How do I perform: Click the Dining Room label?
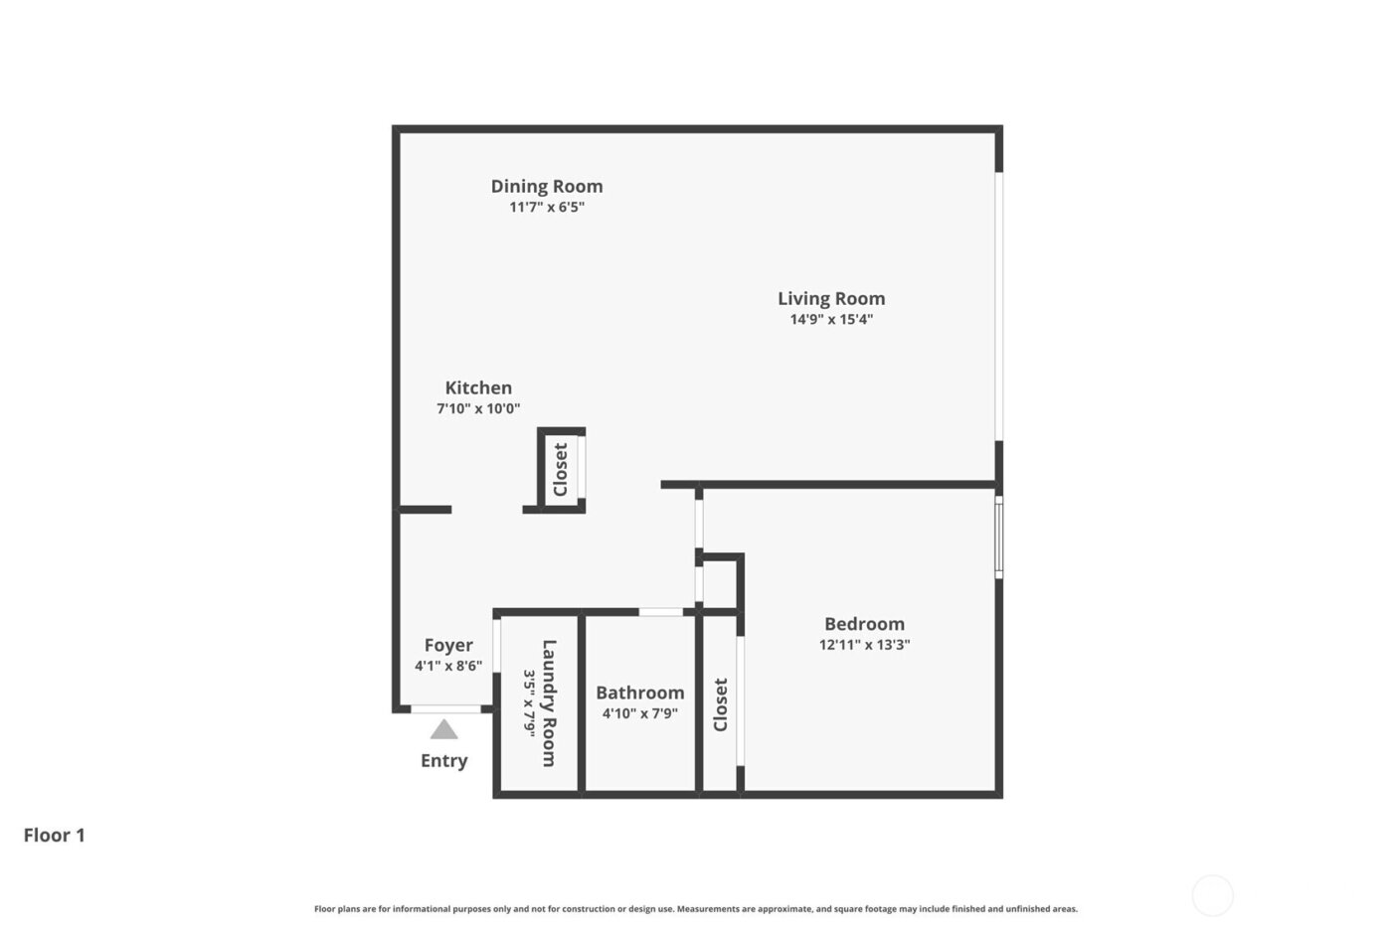pyautogui.click(x=547, y=186)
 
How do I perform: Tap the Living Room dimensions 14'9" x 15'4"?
pyautogui.click(x=831, y=319)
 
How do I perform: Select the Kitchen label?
pyautogui.click(x=478, y=387)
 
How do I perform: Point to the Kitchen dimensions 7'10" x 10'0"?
pyautogui.click(x=478, y=408)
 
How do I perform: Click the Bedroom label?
pyautogui.click(x=864, y=624)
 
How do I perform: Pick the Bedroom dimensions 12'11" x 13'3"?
pyautogui.click(x=864, y=644)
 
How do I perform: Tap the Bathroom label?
pyautogui.click(x=639, y=693)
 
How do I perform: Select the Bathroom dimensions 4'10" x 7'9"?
pyautogui.click(x=639, y=712)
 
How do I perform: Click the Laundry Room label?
pyautogui.click(x=549, y=702)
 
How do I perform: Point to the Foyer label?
pyautogui.click(x=448, y=645)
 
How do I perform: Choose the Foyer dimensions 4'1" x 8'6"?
pyautogui.click(x=448, y=666)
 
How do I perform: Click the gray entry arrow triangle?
pyautogui.click(x=443, y=730)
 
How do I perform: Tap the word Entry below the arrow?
pyautogui.click(x=443, y=760)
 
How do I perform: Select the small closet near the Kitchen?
pyautogui.click(x=561, y=469)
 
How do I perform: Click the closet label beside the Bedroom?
pyautogui.click(x=721, y=704)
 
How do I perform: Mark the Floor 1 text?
pyautogui.click(x=55, y=835)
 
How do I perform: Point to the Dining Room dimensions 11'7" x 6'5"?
pyautogui.click(x=547, y=207)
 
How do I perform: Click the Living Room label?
pyautogui.click(x=831, y=298)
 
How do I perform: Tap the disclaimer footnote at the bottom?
pyautogui.click(x=696, y=908)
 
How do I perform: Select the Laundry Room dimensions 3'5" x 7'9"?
pyautogui.click(x=530, y=702)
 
